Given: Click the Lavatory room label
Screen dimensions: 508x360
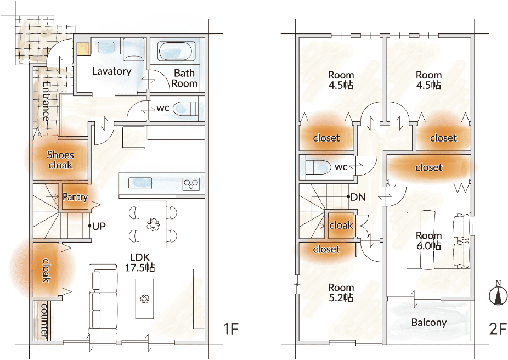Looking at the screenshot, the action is (112, 71).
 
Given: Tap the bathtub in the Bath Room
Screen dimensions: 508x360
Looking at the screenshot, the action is (176, 50).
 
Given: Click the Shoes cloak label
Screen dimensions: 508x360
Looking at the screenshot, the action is (60, 160).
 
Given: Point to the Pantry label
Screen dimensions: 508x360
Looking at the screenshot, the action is (75, 196).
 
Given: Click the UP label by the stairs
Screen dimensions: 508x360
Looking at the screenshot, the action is (99, 226).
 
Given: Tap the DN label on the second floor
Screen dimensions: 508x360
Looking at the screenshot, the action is (358, 196).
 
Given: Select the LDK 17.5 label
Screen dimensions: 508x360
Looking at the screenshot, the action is (140, 262).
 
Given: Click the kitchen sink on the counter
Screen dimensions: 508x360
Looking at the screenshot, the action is (140, 183).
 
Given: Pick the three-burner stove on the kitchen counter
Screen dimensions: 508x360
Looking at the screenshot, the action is (191, 184).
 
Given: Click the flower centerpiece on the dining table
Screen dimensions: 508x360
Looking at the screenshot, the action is (153, 224).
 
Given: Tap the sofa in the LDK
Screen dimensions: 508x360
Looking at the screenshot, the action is (103, 299).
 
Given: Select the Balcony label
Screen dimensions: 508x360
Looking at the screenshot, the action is (429, 323).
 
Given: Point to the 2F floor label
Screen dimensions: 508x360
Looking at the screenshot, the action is (498, 329).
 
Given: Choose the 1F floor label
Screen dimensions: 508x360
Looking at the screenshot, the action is (231, 329).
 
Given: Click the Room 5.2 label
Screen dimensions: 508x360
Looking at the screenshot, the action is (341, 292).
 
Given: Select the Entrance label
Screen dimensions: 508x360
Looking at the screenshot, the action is (46, 102).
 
